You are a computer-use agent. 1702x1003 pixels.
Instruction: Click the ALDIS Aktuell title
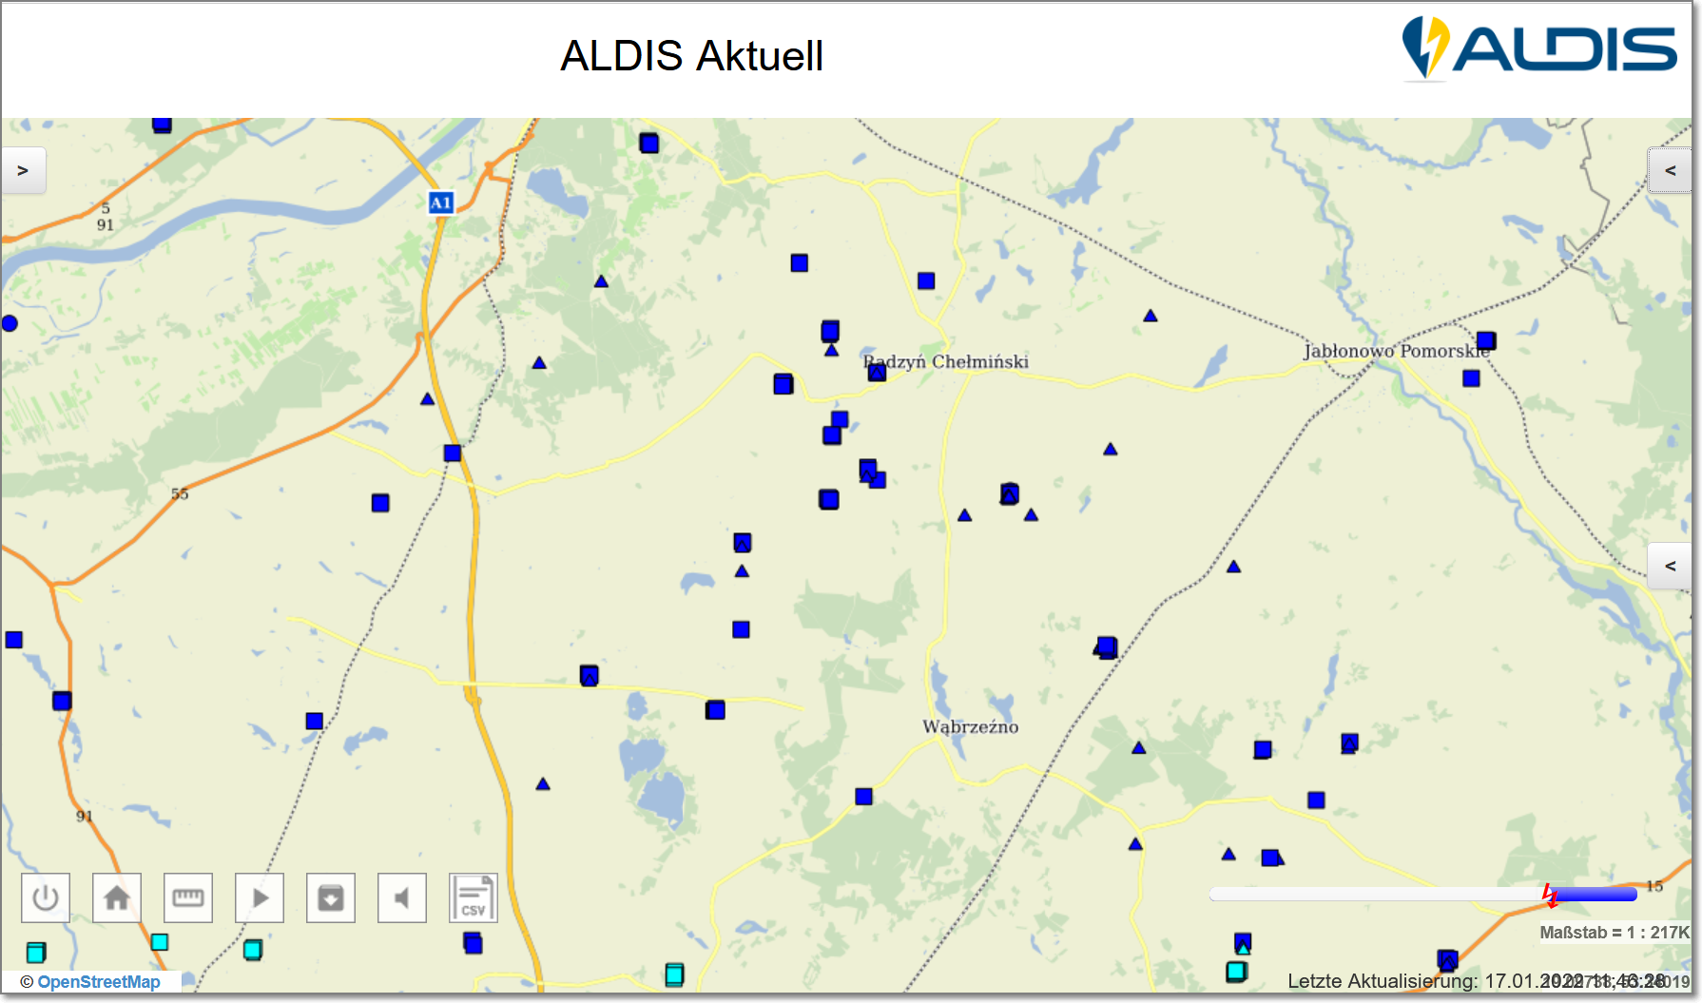point(691,56)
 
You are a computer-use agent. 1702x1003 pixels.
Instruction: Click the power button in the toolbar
point(46,897)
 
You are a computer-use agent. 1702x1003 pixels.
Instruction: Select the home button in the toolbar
point(117,897)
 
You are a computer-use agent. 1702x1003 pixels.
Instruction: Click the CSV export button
point(473,898)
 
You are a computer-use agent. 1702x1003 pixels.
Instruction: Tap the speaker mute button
point(402,897)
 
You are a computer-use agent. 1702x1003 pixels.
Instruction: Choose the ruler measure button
point(188,897)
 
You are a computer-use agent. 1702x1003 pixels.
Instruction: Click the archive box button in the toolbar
point(331,897)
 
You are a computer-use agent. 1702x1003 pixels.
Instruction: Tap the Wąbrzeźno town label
point(970,727)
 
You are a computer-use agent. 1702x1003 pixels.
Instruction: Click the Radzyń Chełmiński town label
point(946,362)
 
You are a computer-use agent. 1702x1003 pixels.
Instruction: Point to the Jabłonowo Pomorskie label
point(1396,351)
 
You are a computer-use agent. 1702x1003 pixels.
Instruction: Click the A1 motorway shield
point(441,203)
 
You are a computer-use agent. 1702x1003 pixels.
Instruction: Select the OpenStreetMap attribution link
point(98,982)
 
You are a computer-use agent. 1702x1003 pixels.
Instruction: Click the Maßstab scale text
point(1614,933)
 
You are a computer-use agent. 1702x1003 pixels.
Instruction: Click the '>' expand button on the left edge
point(23,171)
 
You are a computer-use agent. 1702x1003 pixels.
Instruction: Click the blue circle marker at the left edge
point(10,323)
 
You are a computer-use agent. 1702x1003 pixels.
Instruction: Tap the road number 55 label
point(180,494)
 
